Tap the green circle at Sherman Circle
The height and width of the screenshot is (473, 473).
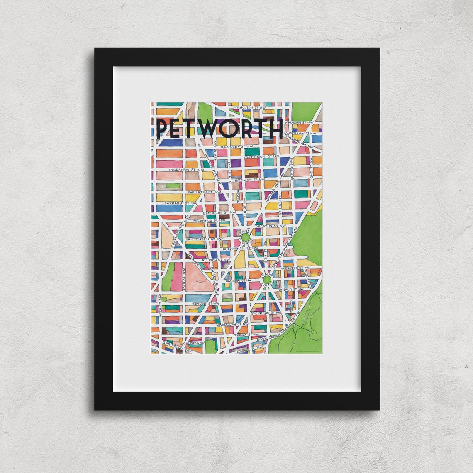pos(246,237)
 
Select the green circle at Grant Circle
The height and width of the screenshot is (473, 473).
pos(267,280)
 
